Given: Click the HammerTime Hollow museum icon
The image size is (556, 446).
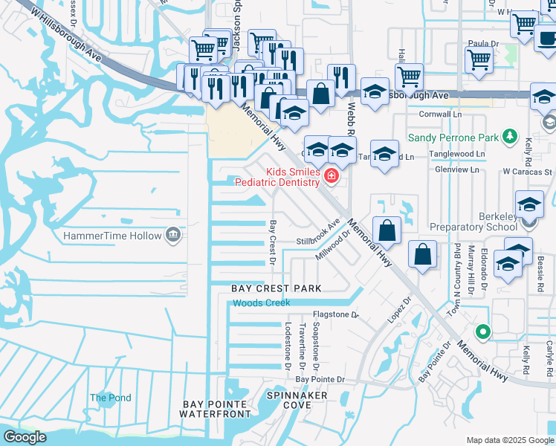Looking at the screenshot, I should click(x=174, y=235).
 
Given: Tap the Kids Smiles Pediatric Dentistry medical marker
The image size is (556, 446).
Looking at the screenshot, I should click(x=331, y=177).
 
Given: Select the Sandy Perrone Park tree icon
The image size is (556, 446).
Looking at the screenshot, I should click(x=509, y=137).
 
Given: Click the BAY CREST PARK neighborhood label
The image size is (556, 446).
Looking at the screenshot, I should click(x=276, y=288).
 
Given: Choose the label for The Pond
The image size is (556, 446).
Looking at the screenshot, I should click(x=110, y=398).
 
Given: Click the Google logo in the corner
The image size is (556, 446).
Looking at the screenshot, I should click(x=25, y=437).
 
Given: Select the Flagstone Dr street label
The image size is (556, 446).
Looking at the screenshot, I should click(x=335, y=315).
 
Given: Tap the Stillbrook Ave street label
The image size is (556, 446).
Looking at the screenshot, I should click(x=318, y=232).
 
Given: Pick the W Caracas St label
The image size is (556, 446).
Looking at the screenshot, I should click(x=527, y=171).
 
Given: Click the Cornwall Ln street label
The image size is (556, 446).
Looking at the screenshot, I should click(x=440, y=115).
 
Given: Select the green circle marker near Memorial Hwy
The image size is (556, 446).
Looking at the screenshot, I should click(x=483, y=332).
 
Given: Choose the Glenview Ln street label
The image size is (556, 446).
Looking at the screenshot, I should click(x=459, y=169).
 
